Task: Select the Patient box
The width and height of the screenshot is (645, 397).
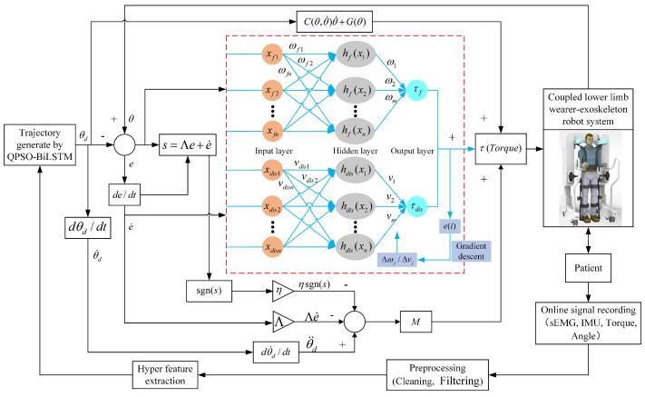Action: point(591,270)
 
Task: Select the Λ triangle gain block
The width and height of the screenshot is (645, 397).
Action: point(283,320)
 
